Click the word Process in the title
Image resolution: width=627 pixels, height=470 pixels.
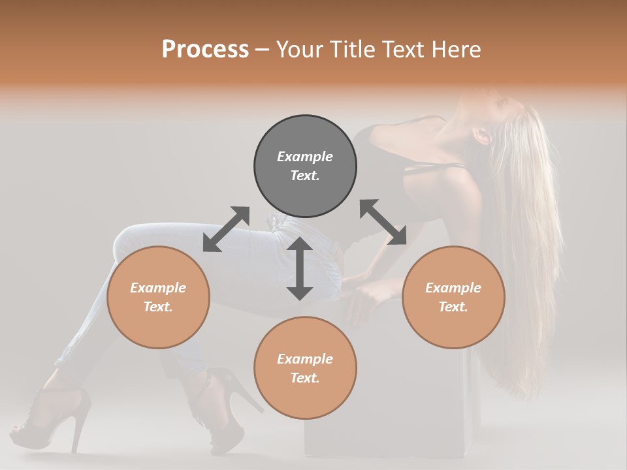[205, 50]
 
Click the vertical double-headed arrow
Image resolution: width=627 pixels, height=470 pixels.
[300, 268]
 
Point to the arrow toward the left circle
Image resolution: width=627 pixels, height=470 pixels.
[226, 229]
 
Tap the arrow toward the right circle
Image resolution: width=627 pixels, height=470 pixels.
[383, 222]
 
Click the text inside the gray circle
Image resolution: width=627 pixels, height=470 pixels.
[305, 166]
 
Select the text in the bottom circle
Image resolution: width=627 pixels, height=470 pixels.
[305, 368]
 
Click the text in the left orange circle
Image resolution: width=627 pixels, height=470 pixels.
[158, 297]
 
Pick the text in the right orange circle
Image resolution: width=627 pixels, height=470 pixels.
[453, 297]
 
